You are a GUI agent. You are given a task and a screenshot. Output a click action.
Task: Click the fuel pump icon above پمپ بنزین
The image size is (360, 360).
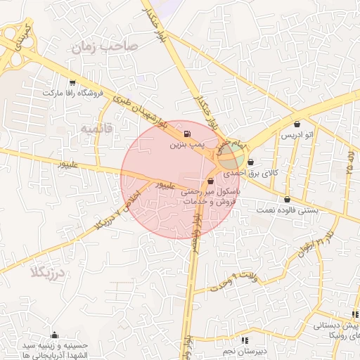click(x=186, y=134)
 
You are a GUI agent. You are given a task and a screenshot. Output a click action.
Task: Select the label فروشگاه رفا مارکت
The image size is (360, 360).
click(x=73, y=93)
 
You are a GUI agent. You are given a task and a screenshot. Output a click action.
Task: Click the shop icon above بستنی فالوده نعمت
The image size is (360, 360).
click(x=287, y=199)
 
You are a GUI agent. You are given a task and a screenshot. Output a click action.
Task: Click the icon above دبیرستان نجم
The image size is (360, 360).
click(x=243, y=340)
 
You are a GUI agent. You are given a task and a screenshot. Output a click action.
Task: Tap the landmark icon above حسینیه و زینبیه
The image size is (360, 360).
click(x=55, y=334)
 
